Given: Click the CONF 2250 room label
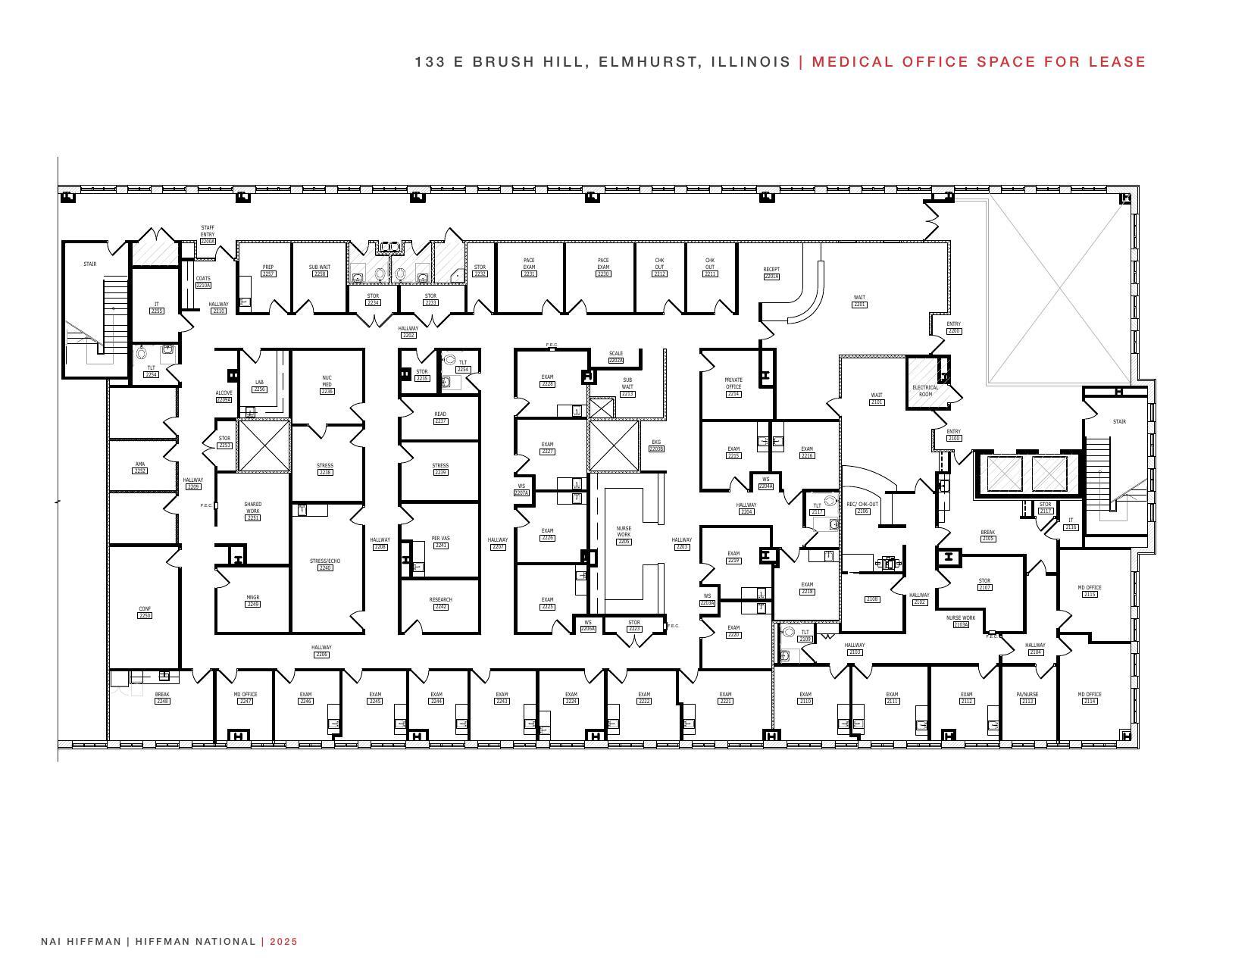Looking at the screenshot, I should [x=145, y=612].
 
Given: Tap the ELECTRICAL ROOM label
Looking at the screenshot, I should [x=924, y=391].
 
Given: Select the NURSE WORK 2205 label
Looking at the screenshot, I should [x=624, y=535].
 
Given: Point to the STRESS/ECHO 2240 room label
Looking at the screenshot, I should [x=325, y=564].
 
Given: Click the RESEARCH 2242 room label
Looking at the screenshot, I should [x=440, y=603].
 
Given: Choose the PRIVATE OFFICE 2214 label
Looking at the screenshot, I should [x=733, y=386].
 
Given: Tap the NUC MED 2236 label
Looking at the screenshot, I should [x=327, y=384].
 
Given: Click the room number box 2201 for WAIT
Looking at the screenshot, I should [x=859, y=305].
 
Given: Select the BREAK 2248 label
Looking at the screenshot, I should [x=162, y=698].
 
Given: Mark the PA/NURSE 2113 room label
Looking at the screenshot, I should [x=1027, y=698].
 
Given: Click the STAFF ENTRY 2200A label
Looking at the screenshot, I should [x=208, y=234].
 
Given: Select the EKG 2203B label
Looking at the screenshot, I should [x=656, y=445].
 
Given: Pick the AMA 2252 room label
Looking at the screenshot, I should [x=139, y=467].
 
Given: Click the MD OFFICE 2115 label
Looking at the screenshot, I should [x=1089, y=591].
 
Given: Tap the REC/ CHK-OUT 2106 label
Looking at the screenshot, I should [x=862, y=508].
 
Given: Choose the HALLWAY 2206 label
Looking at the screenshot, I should [x=321, y=651].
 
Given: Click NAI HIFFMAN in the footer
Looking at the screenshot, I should [x=81, y=942].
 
